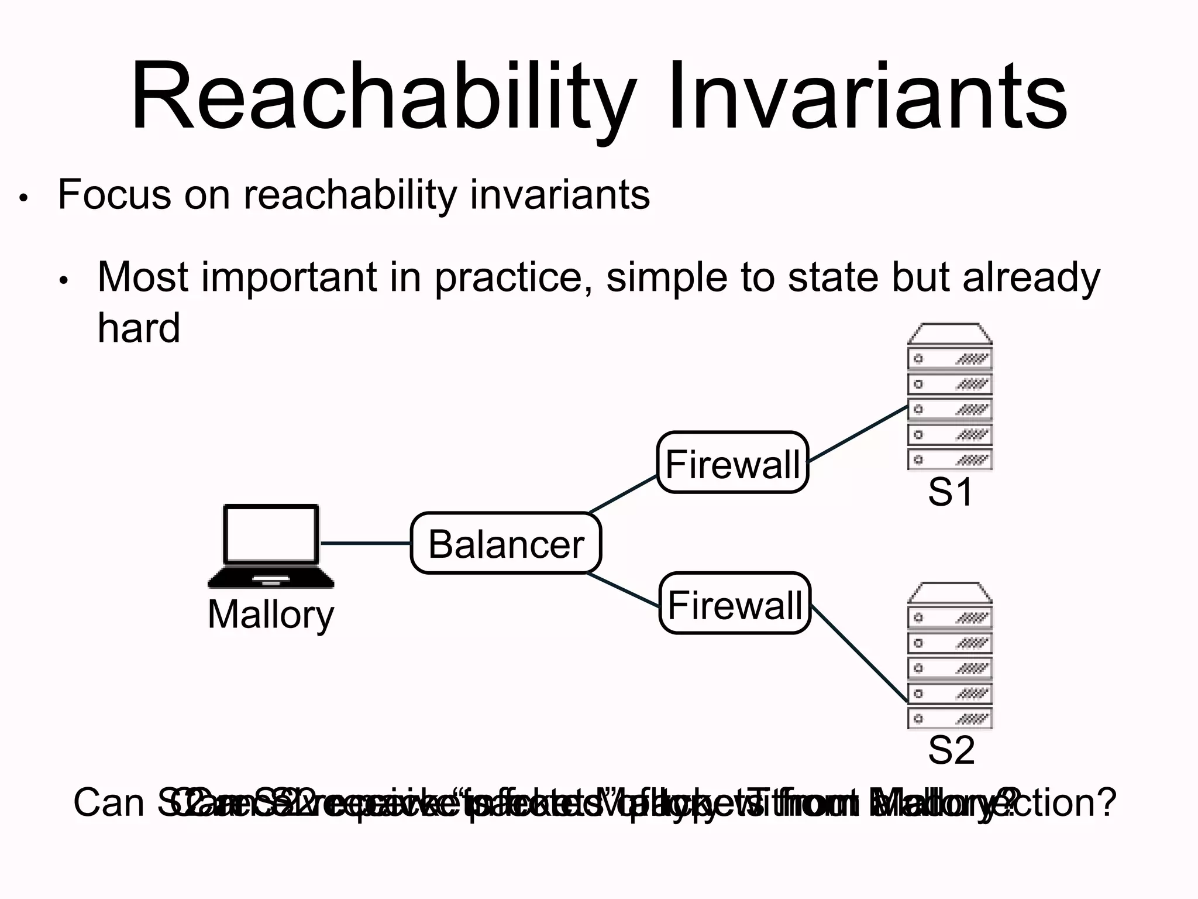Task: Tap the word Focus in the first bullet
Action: click(114, 194)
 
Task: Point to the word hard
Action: click(139, 328)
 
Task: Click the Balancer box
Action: click(506, 544)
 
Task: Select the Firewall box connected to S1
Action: click(732, 463)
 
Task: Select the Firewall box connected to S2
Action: click(735, 603)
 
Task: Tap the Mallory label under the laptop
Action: click(271, 615)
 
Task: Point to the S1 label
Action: click(950, 492)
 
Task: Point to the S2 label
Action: click(951, 751)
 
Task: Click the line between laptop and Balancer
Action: click(366, 544)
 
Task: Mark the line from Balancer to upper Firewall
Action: click(624, 495)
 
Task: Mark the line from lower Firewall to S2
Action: click(859, 653)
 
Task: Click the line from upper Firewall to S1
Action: click(858, 434)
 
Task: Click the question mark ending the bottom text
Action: click(1106, 804)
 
